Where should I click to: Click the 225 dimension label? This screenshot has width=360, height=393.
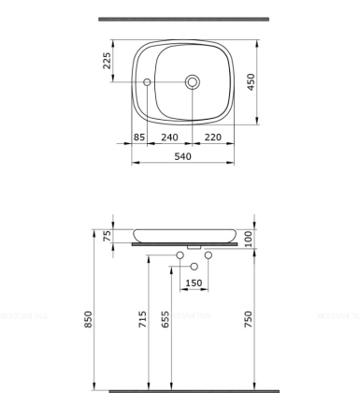click(x=108, y=61)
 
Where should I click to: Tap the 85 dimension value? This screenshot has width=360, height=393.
click(x=139, y=136)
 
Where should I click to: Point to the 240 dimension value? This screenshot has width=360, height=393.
click(x=170, y=136)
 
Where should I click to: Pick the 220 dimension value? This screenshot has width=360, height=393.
click(x=212, y=136)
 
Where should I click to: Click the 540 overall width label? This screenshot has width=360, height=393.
click(x=183, y=156)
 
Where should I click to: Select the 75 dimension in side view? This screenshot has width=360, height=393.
click(x=108, y=235)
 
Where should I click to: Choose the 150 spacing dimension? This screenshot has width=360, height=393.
click(x=194, y=283)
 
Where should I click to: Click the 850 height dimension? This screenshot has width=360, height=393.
click(x=90, y=319)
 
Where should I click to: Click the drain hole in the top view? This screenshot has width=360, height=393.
click(x=193, y=82)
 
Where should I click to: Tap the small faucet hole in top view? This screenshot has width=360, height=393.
click(x=147, y=83)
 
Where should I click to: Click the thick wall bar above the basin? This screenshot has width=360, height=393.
click(x=183, y=19)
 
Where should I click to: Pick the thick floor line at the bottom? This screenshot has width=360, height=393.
click(x=194, y=390)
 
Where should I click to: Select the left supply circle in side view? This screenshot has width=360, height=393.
click(x=180, y=255)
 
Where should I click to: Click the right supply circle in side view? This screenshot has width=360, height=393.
click(x=209, y=255)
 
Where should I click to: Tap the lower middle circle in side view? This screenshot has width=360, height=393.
click(x=194, y=268)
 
